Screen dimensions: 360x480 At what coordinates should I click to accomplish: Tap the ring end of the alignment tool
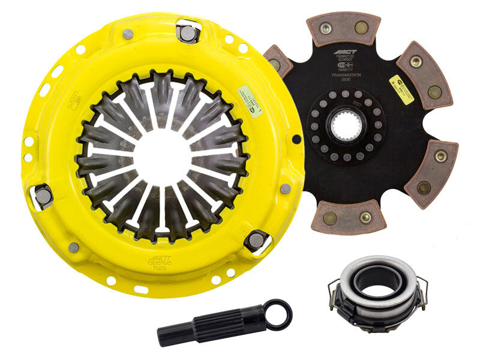coord(278,314)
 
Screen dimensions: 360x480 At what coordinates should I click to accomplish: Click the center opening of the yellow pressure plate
coord(163,152)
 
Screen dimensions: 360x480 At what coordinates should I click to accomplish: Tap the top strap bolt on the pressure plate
coord(188,33)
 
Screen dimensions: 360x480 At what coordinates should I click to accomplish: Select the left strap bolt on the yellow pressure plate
coord(44,196)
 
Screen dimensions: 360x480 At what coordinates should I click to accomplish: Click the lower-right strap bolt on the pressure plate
coord(256,240)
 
